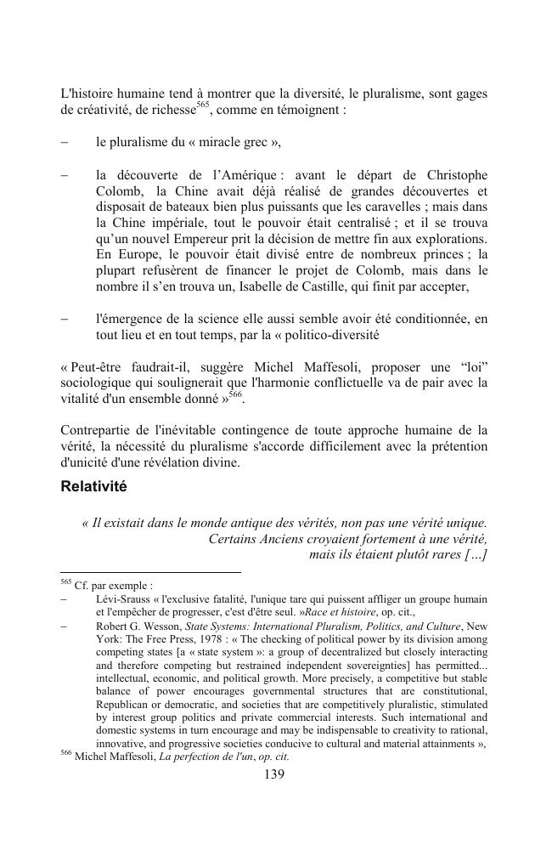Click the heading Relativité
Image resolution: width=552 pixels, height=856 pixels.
tap(93, 487)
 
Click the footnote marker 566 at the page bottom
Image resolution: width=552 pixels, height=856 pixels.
tap(67, 755)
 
